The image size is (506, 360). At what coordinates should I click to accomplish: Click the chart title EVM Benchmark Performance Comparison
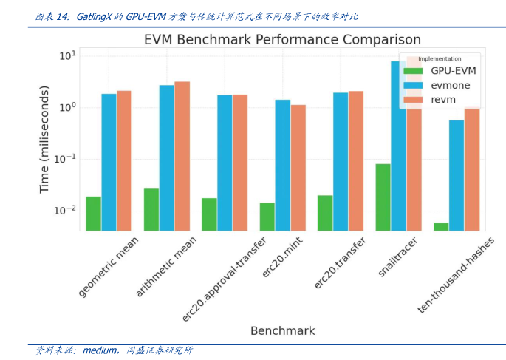tap(282, 40)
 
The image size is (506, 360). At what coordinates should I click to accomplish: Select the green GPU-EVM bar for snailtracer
tap(383, 197)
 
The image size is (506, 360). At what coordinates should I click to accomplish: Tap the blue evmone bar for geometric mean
tap(109, 162)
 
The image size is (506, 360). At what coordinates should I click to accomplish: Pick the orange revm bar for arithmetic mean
tap(182, 156)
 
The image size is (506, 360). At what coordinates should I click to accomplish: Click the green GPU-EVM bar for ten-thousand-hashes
tap(441, 226)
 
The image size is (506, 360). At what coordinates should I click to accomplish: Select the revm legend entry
tap(443, 99)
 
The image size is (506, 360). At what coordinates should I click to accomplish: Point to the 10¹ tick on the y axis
tap(66, 56)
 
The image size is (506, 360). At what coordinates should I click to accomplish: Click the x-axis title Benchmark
tap(282, 330)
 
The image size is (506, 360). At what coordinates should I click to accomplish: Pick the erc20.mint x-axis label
tap(283, 259)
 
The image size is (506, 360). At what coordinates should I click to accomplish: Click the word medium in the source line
tap(98, 350)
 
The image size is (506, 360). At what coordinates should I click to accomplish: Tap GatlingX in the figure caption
tap(93, 16)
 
